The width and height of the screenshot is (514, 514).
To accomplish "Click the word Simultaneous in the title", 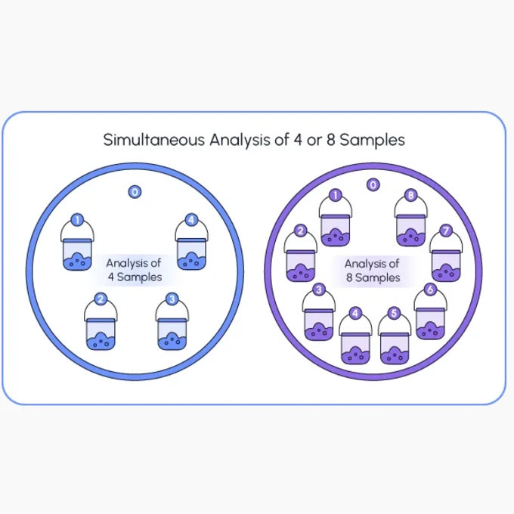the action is pyautogui.click(x=154, y=140).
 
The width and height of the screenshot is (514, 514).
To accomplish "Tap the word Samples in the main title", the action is pyautogui.click(x=372, y=141).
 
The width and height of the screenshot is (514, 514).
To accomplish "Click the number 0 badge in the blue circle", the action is pyautogui.click(x=135, y=192).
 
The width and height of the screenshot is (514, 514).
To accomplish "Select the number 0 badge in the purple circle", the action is pyautogui.click(x=373, y=185).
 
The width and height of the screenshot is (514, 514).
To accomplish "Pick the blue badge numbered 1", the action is pyautogui.click(x=77, y=220).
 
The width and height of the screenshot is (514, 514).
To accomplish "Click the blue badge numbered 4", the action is pyautogui.click(x=191, y=220).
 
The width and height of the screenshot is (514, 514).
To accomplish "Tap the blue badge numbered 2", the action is pyautogui.click(x=101, y=299).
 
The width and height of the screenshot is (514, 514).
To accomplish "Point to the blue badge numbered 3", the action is pyautogui.click(x=172, y=299).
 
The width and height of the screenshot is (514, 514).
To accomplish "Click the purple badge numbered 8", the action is pyautogui.click(x=410, y=195).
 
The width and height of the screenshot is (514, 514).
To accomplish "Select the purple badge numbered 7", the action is pyautogui.click(x=446, y=231).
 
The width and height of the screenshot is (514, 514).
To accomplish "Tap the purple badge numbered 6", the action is pyautogui.click(x=430, y=290).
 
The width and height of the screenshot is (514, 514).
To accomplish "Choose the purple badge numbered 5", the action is pyautogui.click(x=394, y=313).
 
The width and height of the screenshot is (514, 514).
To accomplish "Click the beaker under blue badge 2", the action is pyautogui.click(x=101, y=333).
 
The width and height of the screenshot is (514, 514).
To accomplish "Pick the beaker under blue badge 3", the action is pyautogui.click(x=172, y=333).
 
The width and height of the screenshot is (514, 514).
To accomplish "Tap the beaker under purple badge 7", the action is pyautogui.click(x=446, y=265).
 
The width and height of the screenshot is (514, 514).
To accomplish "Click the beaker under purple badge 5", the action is pyautogui.click(x=394, y=348).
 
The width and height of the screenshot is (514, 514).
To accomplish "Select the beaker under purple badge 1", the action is pyautogui.click(x=336, y=230).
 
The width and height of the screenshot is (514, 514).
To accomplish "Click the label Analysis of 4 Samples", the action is pyautogui.click(x=134, y=270).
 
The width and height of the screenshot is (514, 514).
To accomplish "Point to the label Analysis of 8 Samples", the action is pyautogui.click(x=373, y=271).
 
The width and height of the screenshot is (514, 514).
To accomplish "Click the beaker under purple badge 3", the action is pyautogui.click(x=319, y=324).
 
